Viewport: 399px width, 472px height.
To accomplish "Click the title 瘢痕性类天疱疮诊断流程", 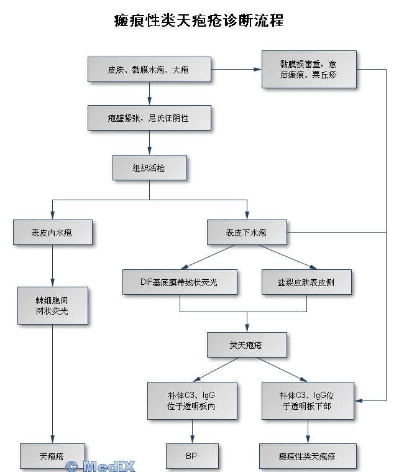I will point(199,21).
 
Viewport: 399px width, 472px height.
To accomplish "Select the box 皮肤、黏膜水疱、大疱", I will point(149,70).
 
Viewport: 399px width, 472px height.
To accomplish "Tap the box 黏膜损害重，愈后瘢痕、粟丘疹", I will point(308,69).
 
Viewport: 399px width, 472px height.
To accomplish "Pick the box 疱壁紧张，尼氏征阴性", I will point(149,118).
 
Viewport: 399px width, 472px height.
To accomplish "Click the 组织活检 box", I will point(149,167).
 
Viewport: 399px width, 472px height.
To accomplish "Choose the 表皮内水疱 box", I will point(52,233).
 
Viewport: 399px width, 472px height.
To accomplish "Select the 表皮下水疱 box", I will point(246,233).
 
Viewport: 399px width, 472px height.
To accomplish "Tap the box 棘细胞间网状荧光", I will point(52,306).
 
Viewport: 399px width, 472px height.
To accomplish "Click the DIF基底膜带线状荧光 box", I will point(179,282).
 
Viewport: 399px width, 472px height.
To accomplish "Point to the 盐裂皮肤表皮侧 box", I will point(306,282).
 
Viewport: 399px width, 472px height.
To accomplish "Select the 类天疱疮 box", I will point(247,345).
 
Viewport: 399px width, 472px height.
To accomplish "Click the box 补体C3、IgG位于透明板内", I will point(191,400).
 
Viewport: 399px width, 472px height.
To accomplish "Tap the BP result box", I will point(191,456).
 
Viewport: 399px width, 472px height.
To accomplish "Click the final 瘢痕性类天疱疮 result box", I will point(307,456).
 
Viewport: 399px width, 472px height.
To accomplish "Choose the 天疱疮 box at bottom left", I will point(52,456).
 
